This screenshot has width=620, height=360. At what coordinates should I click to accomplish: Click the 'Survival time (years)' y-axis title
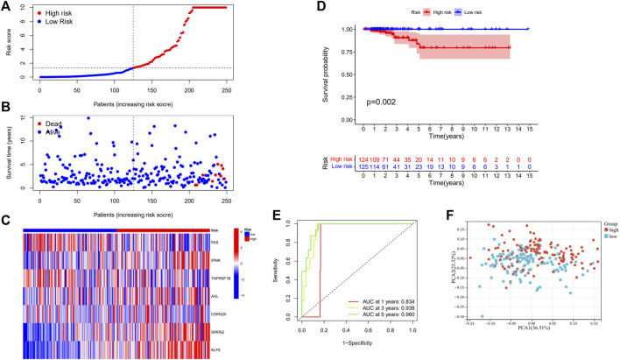coord(10,152)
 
